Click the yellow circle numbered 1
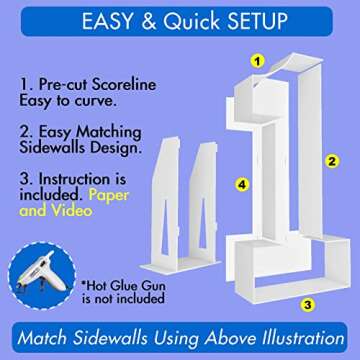pyautogui.click(x=257, y=61)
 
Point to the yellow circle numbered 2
pyautogui.click(x=327, y=159)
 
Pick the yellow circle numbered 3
pyautogui.click(x=309, y=305)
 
